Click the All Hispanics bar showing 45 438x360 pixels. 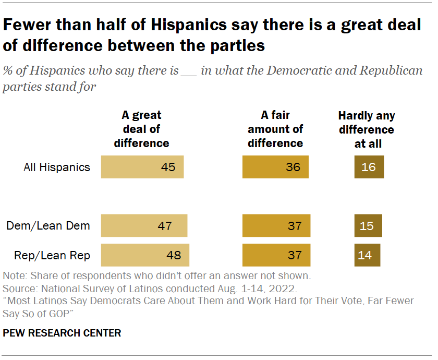(x=142, y=167)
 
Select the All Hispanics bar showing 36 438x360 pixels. (x=275, y=167)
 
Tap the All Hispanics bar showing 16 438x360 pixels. (x=369, y=167)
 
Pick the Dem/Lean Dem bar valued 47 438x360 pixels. (x=144, y=226)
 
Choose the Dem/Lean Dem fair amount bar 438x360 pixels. (x=276, y=226)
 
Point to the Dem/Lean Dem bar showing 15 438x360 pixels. (x=368, y=226)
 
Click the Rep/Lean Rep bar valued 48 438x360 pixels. (x=145, y=255)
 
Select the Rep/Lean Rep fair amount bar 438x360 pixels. (x=276, y=255)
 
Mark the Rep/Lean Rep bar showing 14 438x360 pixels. (x=367, y=255)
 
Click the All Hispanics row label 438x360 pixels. (x=57, y=167)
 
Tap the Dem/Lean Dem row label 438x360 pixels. (x=48, y=226)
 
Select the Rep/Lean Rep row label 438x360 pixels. (x=48, y=255)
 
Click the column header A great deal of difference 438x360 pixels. (x=141, y=129)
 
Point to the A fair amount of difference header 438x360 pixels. (x=275, y=129)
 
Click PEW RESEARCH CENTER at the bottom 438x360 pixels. (x=62, y=333)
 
